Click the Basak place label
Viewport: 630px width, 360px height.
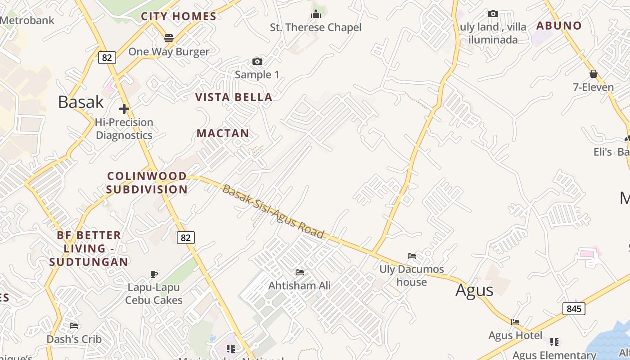[81, 102]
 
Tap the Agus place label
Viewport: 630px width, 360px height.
[474, 290]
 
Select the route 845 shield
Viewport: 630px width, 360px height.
[574, 309]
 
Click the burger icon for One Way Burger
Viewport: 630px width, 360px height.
[169, 38]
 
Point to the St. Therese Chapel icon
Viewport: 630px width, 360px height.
[316, 14]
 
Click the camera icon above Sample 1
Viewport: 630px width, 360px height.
[257, 61]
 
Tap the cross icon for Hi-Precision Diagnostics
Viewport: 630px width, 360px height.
[124, 109]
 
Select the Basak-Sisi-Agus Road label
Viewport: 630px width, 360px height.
[273, 211]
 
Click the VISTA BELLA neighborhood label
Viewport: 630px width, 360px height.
[234, 97]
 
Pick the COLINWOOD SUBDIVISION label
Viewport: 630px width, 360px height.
[147, 183]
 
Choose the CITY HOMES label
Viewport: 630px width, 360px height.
[179, 17]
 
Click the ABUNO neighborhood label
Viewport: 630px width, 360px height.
[559, 26]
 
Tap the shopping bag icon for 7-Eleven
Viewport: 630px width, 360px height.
[593, 74]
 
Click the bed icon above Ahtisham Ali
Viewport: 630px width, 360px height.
[300, 272]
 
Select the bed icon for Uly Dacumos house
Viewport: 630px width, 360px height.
[412, 256]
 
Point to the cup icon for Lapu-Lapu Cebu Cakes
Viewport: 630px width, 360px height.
[154, 274]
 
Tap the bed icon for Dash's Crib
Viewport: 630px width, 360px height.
[74, 325]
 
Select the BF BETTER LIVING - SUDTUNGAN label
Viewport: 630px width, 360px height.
[89, 248]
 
